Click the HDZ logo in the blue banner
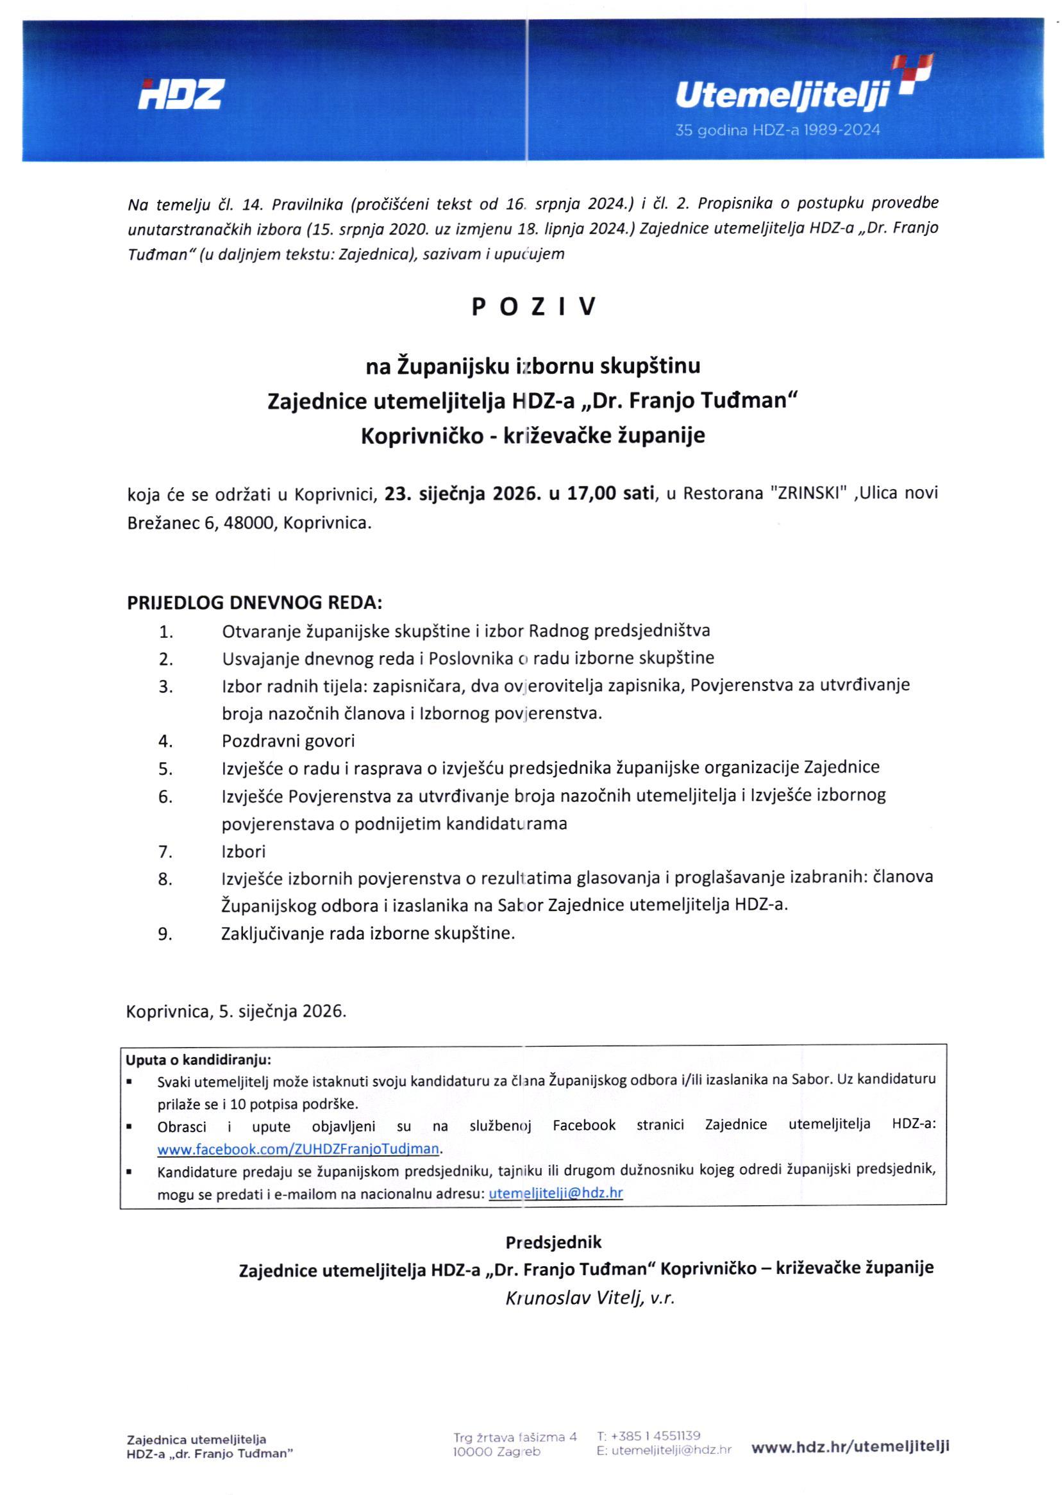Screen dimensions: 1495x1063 180,95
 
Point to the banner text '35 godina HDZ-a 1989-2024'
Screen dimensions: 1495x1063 778,130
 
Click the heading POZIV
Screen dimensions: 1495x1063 533,307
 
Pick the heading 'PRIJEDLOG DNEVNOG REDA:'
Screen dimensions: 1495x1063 255,602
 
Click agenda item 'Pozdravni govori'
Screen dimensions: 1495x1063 288,741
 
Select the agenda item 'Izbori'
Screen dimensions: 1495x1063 244,851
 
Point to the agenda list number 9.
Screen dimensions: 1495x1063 165,934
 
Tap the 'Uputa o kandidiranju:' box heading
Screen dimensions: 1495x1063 198,1060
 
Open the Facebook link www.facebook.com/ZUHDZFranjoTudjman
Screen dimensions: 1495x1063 298,1149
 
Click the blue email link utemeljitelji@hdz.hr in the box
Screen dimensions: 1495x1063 556,1192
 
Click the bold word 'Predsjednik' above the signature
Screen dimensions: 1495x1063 553,1242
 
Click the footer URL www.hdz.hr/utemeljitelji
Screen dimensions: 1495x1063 850,1448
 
